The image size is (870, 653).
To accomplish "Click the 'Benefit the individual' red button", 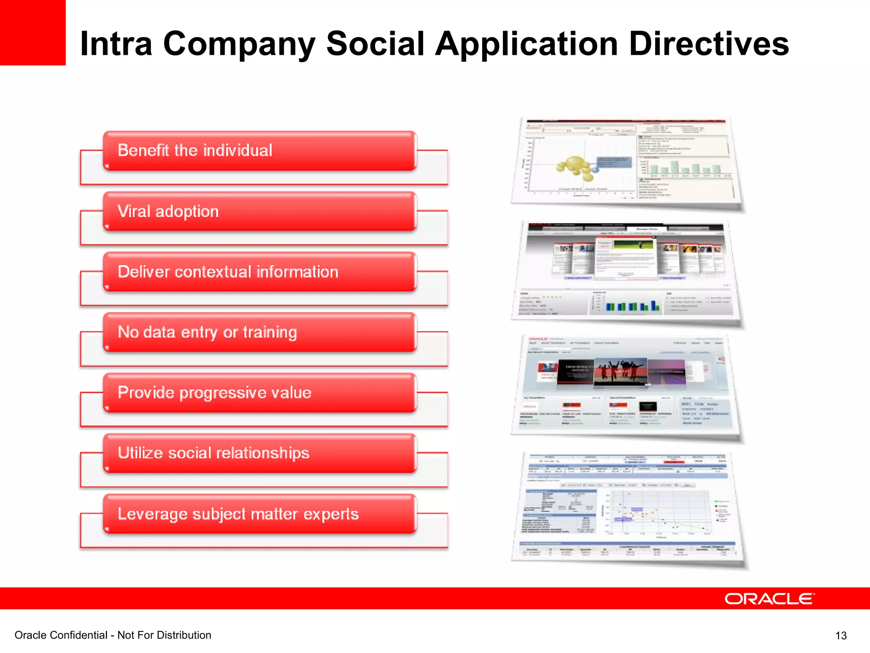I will (x=259, y=151).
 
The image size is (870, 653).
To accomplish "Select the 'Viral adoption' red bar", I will (x=259, y=212).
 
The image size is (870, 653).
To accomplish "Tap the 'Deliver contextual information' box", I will (x=259, y=272).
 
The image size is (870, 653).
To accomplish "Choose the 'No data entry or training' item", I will (x=259, y=332).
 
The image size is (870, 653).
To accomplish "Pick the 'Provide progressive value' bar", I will (x=259, y=393).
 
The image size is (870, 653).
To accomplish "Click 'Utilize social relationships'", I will (x=259, y=453).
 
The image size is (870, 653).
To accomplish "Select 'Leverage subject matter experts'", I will (x=259, y=514).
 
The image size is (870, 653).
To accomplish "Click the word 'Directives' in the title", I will (x=709, y=44).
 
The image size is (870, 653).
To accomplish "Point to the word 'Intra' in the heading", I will (x=116, y=44).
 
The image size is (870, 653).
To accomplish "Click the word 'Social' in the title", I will (x=375, y=44).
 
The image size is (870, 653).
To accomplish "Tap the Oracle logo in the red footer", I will (x=769, y=599).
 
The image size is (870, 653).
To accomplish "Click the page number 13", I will (x=841, y=636).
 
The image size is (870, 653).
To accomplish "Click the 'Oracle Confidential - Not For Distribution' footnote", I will (x=113, y=635).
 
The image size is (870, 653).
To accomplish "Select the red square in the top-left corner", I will (x=33, y=32).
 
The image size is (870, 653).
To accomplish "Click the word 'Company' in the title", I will (x=239, y=44).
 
